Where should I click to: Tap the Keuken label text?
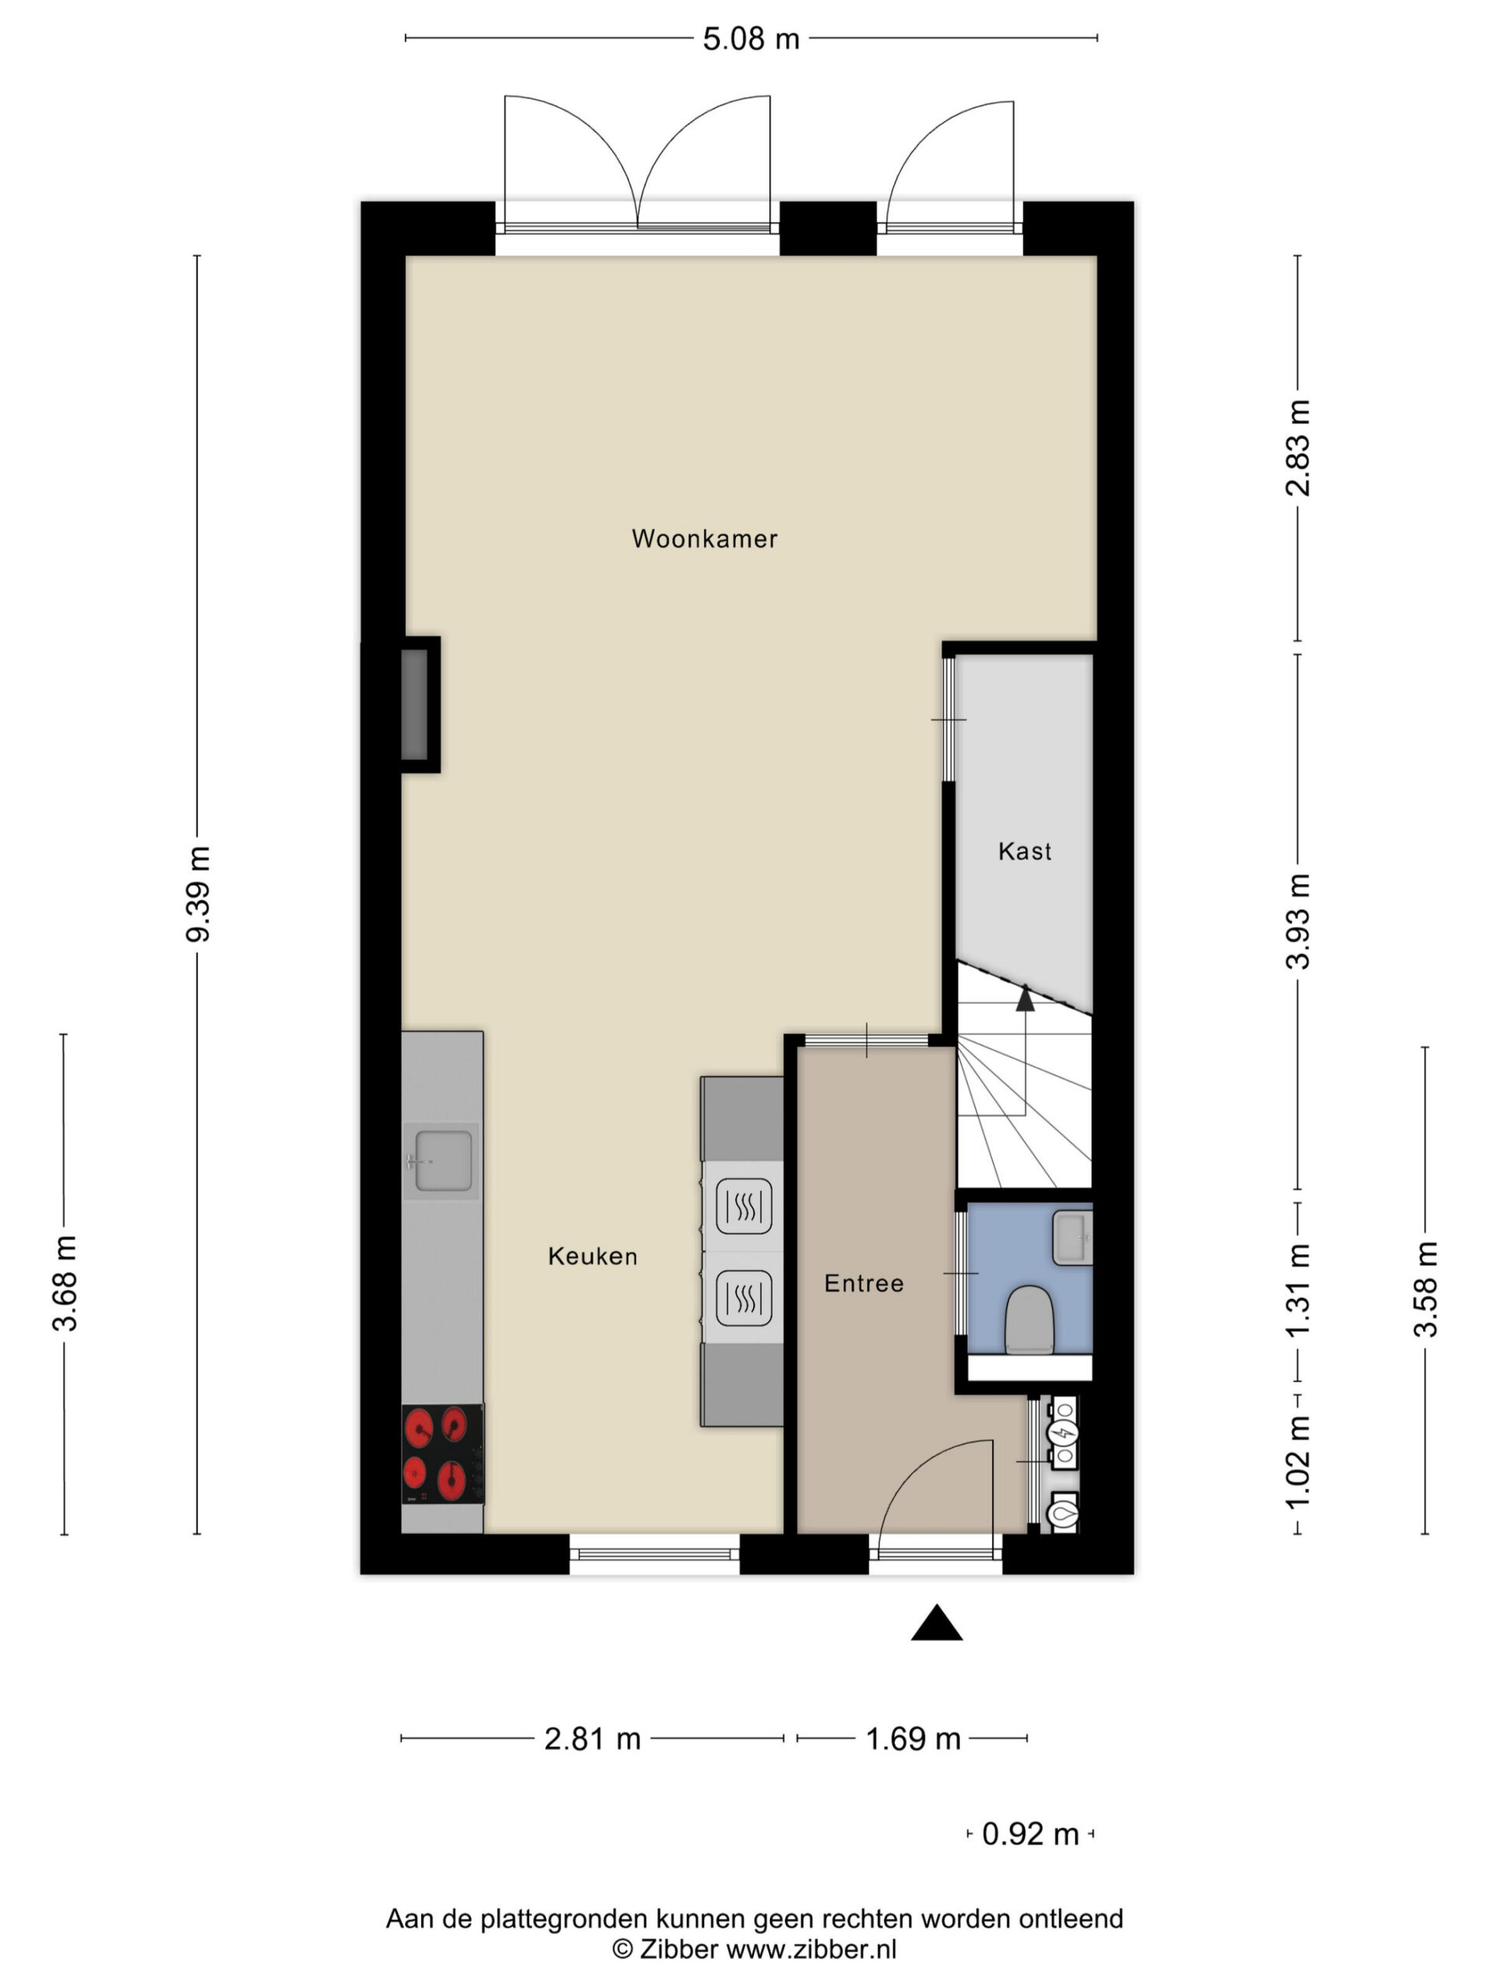click(x=592, y=1256)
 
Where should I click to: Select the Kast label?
click(x=1024, y=851)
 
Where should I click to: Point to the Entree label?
click(x=863, y=1283)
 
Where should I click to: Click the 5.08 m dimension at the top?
click(x=751, y=40)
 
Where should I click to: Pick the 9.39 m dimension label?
click(x=198, y=894)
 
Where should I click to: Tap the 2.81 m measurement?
click(x=592, y=1739)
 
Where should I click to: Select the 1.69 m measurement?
click(x=913, y=1739)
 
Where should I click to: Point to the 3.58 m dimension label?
click(x=1425, y=1289)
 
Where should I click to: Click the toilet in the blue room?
click(x=1028, y=1319)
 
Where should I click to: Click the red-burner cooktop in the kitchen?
click(x=443, y=1455)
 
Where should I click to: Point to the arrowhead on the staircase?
click(x=1025, y=998)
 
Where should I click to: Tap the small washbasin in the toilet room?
click(x=1072, y=1238)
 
